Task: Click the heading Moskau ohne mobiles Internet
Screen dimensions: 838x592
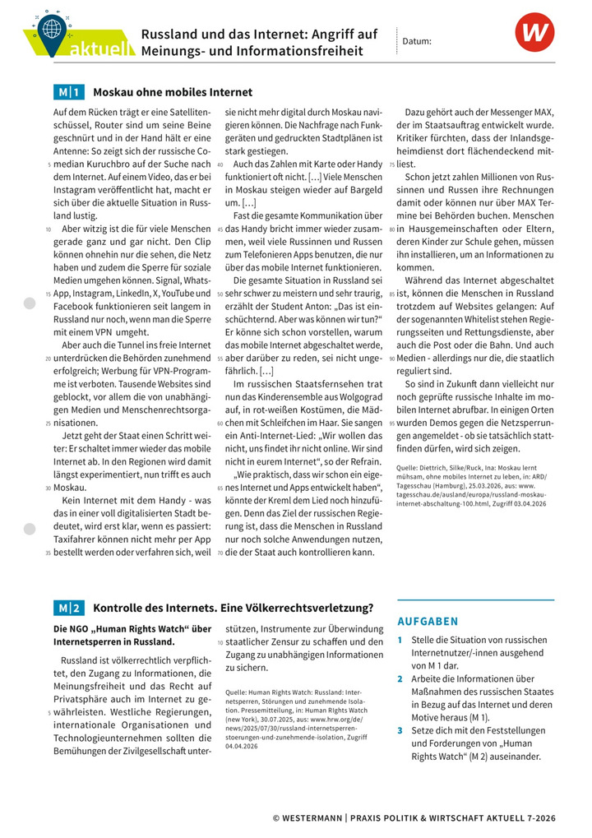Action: [x=173, y=92]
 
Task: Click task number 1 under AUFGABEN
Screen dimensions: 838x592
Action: [x=400, y=640]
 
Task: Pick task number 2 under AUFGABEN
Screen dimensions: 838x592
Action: [x=400, y=679]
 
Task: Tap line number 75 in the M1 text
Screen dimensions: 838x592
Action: [x=391, y=164]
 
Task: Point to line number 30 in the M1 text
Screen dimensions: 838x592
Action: [x=49, y=488]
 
